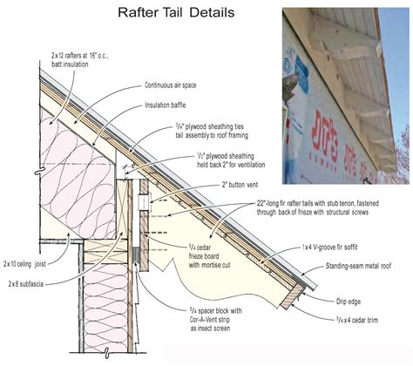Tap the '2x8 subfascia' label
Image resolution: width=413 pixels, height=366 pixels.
point(26,285)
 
